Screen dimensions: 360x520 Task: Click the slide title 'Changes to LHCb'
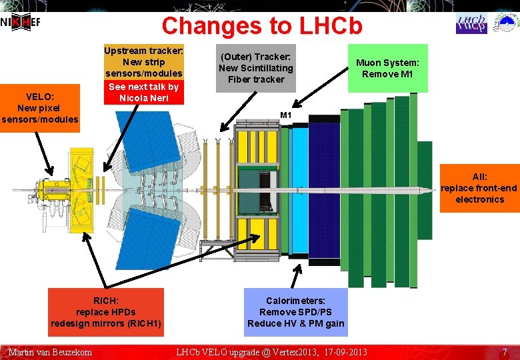[262, 25]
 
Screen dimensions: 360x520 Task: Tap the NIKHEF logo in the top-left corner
[21, 22]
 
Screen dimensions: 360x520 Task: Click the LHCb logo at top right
[471, 23]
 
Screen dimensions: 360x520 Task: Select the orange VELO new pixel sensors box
[39, 108]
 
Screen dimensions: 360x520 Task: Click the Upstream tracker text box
[143, 62]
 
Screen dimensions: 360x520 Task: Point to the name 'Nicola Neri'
[143, 98]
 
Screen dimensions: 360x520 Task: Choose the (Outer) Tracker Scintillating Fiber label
[255, 68]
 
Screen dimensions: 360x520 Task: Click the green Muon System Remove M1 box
[387, 68]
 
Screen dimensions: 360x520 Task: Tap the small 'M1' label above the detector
[286, 115]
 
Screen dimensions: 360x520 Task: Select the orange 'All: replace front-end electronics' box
[479, 188]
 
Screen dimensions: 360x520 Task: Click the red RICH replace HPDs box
[106, 312]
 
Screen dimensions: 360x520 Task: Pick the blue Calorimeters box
[296, 312]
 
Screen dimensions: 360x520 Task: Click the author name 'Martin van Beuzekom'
[50, 351]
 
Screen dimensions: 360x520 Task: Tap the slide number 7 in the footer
[505, 351]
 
